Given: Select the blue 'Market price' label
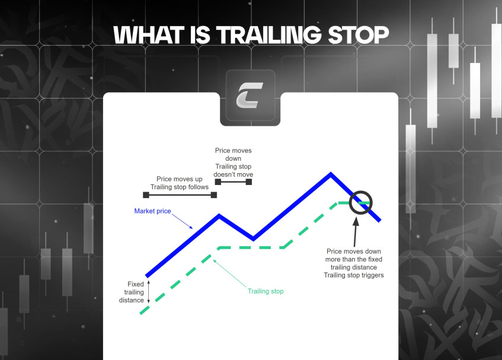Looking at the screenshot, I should point(152,211).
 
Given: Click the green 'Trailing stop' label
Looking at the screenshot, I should point(266,291).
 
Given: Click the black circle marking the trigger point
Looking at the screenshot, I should point(360,203).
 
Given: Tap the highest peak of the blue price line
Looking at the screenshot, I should point(331,174).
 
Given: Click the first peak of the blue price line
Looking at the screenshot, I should point(219,216).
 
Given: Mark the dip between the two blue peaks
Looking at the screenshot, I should point(254,238).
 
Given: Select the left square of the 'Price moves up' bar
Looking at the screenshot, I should point(145,195).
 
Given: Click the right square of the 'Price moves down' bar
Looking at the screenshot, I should point(249,181).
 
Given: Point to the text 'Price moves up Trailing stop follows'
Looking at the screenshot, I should point(180,183).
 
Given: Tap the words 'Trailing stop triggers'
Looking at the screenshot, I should point(354,275).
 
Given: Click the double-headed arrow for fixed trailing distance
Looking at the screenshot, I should point(148,292).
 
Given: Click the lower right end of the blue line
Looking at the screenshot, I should point(379,220).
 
